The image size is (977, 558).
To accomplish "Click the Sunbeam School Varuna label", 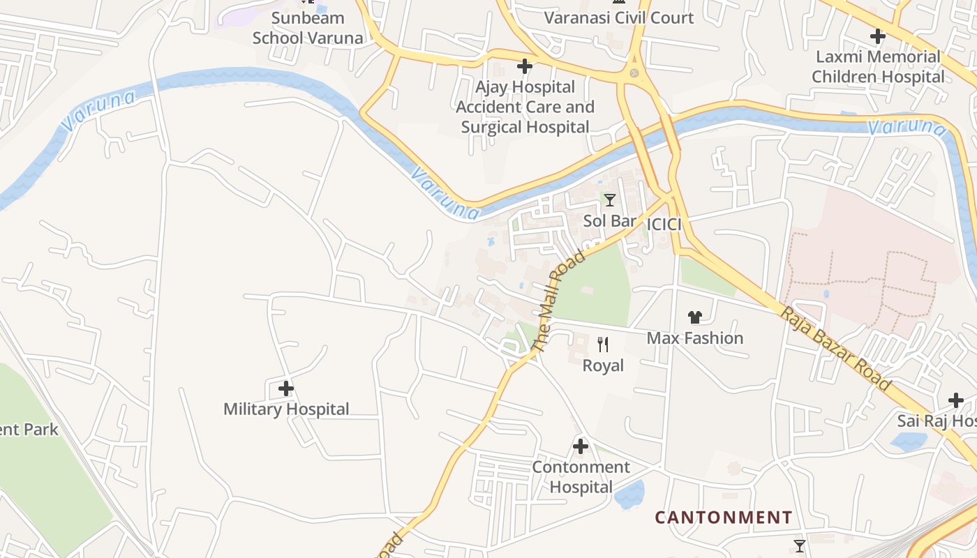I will coord(308,28).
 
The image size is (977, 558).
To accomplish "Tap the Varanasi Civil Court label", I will coord(618,18).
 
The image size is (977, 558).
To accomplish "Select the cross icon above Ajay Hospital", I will coord(524,66).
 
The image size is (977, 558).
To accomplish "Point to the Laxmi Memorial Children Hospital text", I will coord(878,67).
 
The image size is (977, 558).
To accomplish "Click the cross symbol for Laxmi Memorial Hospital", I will coord(877,36).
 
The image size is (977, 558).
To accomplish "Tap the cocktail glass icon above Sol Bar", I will coord(610,200).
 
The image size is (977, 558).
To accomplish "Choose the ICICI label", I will coord(664,225).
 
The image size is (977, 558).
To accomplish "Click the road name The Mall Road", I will coord(558,301).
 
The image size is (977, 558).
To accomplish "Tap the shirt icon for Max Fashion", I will coord(694,317).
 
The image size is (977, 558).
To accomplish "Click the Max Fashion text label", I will coord(694,338).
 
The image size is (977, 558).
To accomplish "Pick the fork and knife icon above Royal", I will coord(603,344).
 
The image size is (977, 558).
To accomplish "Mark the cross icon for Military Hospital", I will coord(285,389).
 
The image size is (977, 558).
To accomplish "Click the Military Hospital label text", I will coord(286,409).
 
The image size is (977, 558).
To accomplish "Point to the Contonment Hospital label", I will coord(581,476).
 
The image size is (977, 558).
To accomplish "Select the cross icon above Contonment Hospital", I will coord(580,446).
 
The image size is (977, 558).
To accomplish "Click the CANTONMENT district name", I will coord(723,518).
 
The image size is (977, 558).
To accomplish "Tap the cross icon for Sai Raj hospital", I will coord(955,400).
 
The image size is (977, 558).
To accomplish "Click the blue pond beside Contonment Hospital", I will coord(629,495).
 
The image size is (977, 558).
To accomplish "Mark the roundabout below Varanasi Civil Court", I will coord(634,73).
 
